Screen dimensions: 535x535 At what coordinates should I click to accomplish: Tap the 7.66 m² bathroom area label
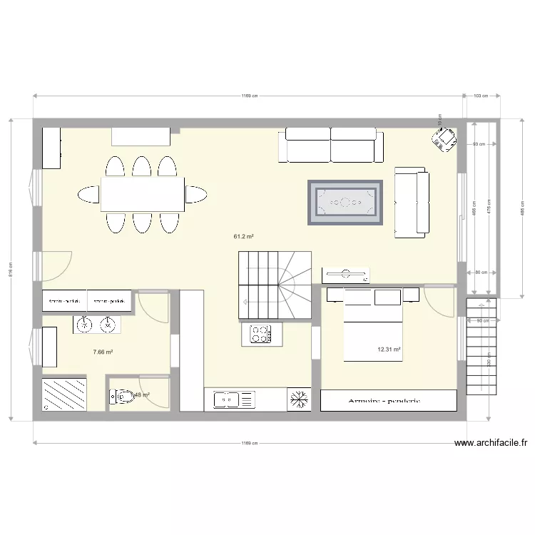pos(103,352)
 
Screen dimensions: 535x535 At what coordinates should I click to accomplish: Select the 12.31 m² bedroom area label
pos(389,350)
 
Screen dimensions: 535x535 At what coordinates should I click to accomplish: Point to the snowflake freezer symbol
pos(298,399)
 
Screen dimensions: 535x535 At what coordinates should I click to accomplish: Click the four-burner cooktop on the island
pos(260,332)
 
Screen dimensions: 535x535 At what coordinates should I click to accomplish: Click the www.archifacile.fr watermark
pos(491,443)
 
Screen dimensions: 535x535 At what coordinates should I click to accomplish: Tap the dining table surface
pos(142,194)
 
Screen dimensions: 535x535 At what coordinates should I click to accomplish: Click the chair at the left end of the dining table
pos(88,194)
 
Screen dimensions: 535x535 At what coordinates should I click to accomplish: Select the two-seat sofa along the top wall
pos(331,145)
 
